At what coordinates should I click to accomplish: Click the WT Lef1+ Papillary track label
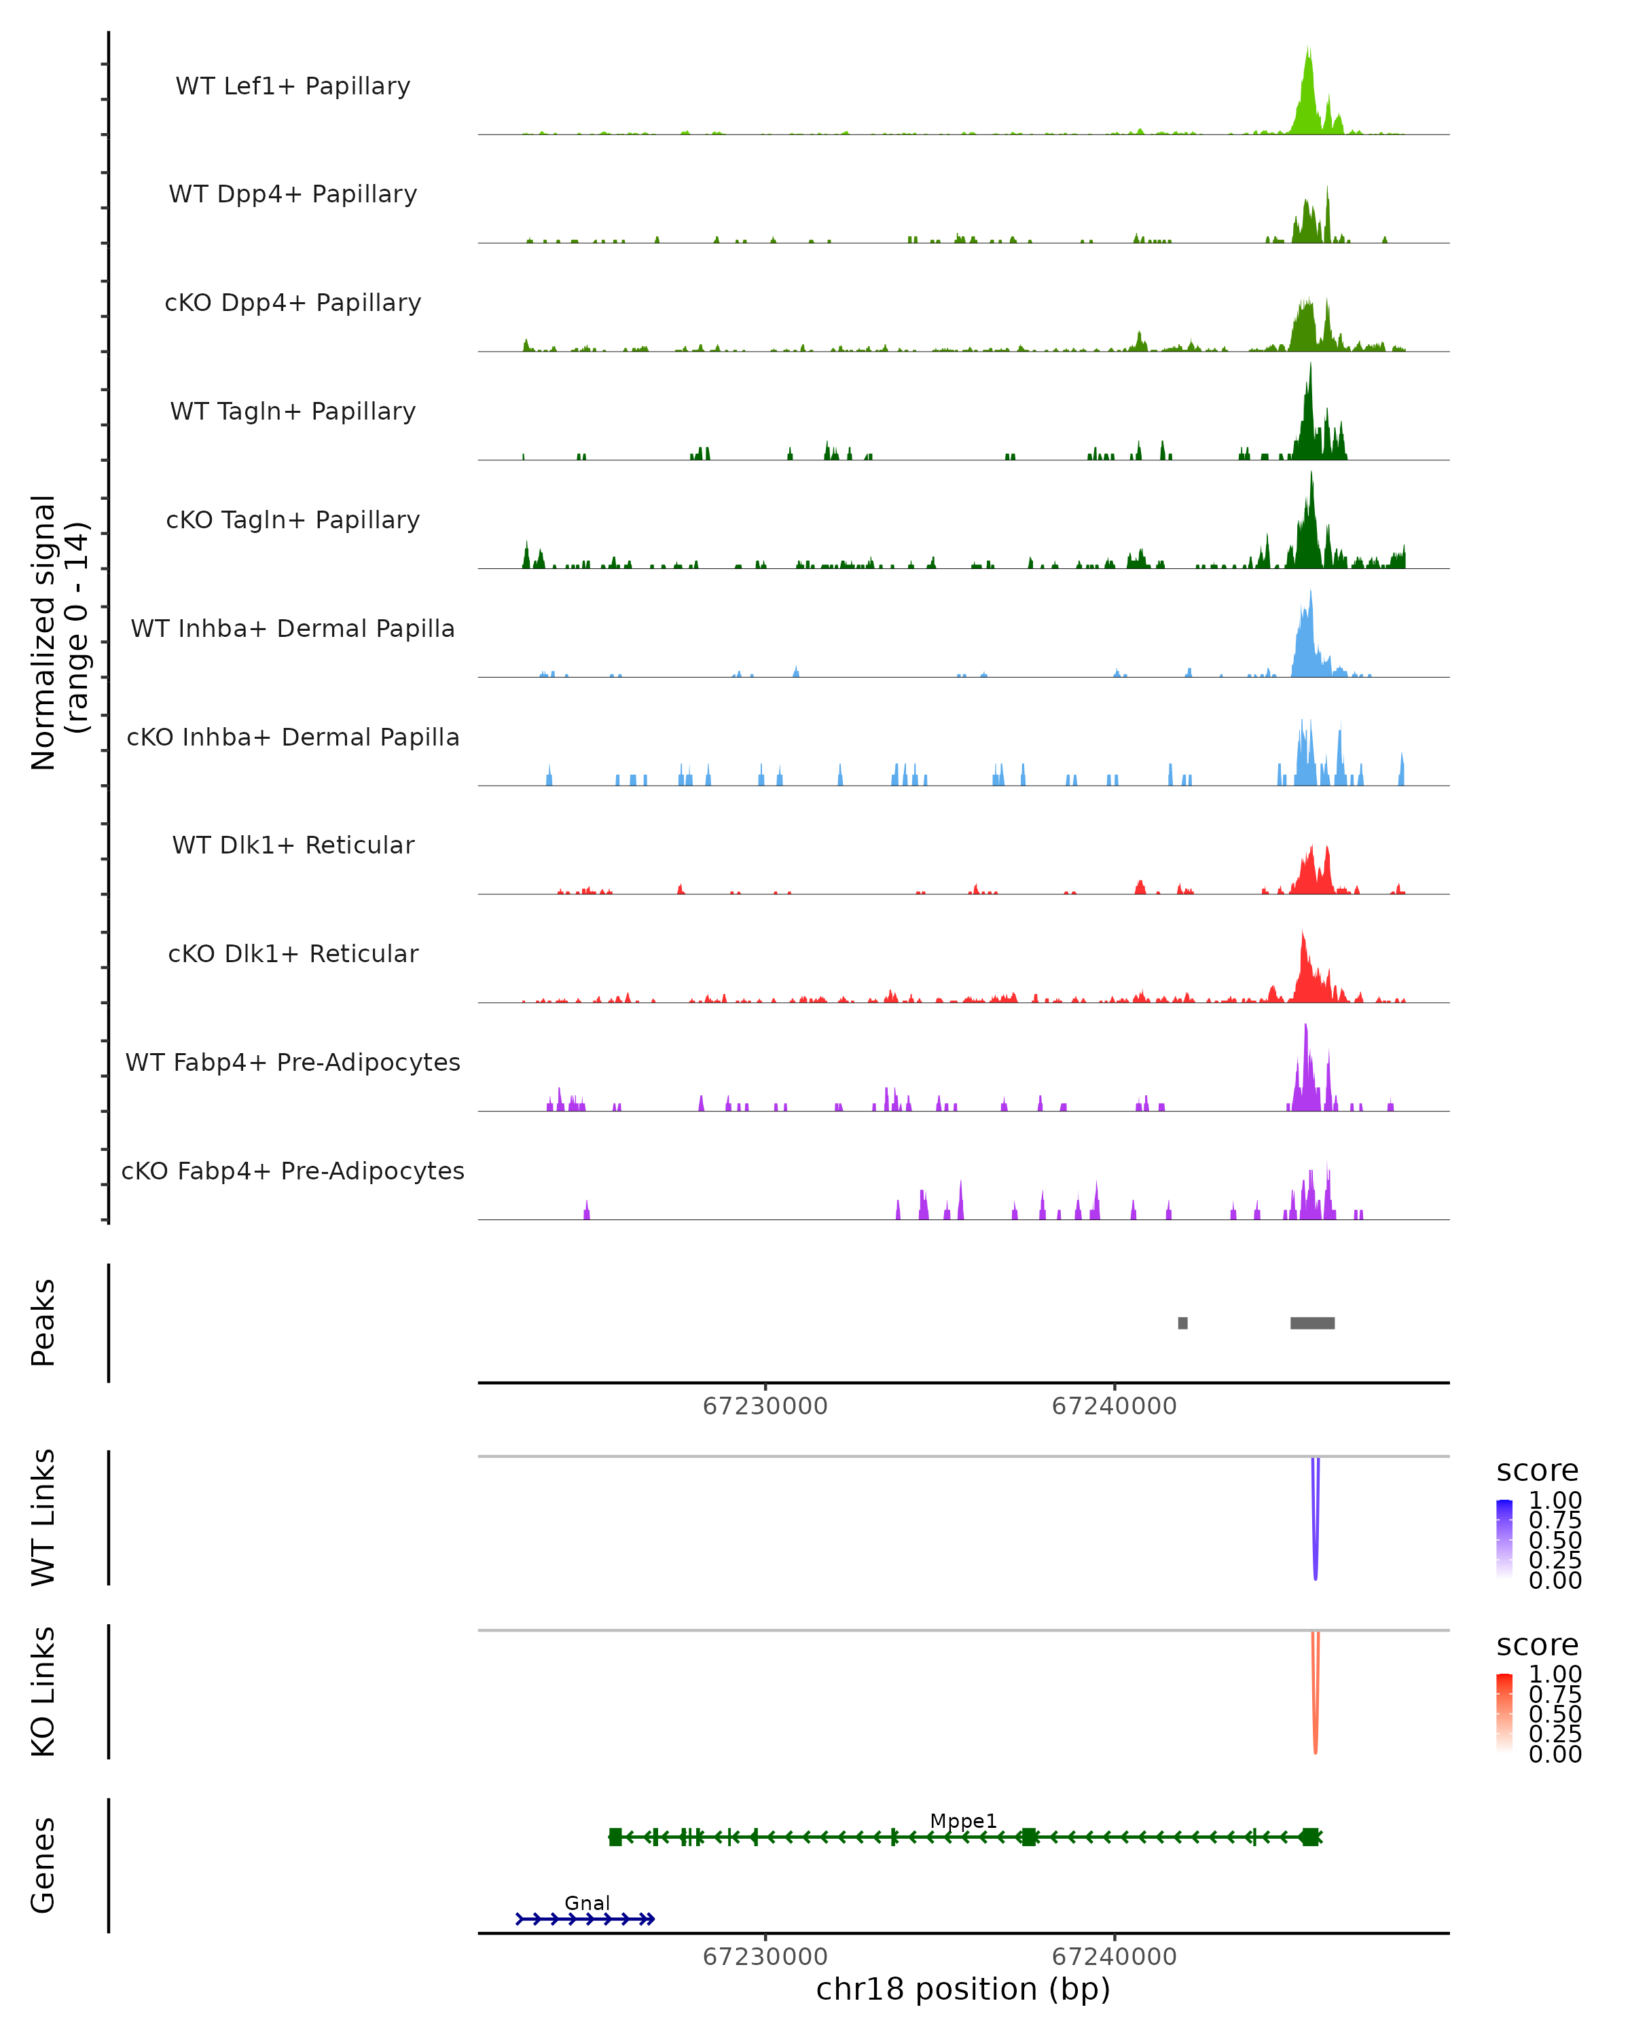coord(293,86)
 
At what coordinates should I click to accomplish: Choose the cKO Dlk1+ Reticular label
coord(293,953)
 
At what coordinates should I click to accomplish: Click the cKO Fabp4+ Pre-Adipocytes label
coord(293,1171)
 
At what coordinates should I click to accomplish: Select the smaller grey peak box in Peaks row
coord(1182,1323)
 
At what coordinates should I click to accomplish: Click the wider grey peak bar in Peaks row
coord(1313,1323)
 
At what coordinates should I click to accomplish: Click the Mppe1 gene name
coord(963,1820)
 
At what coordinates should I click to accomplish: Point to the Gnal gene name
coord(587,1903)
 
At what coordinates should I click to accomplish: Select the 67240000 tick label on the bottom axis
coord(1114,1957)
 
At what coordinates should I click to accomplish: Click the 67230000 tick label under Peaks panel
coord(765,1406)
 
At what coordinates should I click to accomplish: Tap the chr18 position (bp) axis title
coord(963,1989)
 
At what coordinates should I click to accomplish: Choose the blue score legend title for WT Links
coord(1538,1471)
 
